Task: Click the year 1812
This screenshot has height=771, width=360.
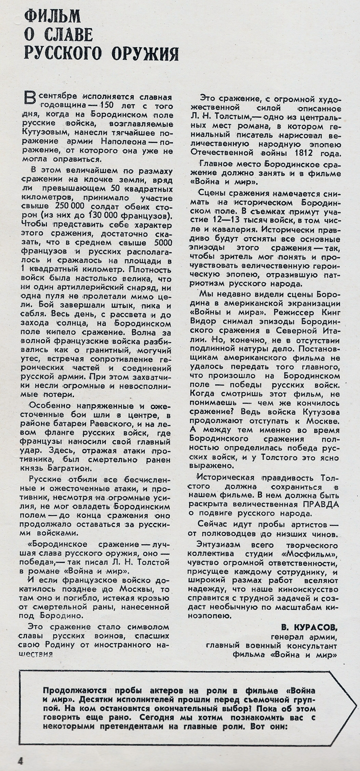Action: pyautogui.click(x=303, y=153)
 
